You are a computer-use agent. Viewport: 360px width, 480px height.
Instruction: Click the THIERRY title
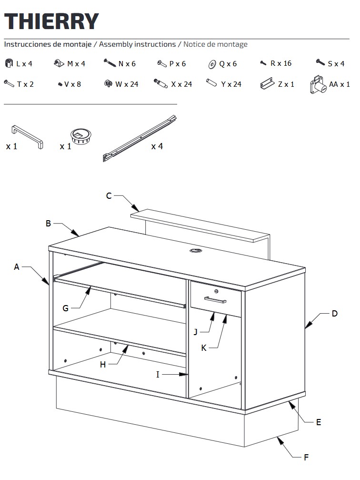(x=51, y=21)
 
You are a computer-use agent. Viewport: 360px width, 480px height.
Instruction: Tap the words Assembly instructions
(x=138, y=44)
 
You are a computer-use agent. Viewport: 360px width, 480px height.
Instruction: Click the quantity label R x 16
(x=281, y=63)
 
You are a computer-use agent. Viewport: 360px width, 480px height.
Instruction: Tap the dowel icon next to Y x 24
(x=211, y=83)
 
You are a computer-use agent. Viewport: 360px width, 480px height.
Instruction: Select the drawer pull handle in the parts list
(x=27, y=137)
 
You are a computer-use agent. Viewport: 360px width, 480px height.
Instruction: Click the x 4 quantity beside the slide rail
(x=157, y=146)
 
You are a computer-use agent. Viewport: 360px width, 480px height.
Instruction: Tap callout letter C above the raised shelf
(x=109, y=196)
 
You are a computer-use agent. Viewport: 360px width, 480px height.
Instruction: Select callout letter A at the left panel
(x=17, y=267)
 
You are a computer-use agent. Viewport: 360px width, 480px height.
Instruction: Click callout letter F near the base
(x=306, y=458)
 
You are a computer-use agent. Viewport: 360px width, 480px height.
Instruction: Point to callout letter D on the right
(x=334, y=314)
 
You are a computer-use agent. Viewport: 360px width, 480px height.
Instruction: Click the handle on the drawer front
(x=215, y=299)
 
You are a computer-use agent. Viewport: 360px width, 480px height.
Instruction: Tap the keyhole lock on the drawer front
(x=216, y=291)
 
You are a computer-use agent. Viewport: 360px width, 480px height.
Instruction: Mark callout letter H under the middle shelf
(x=103, y=365)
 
